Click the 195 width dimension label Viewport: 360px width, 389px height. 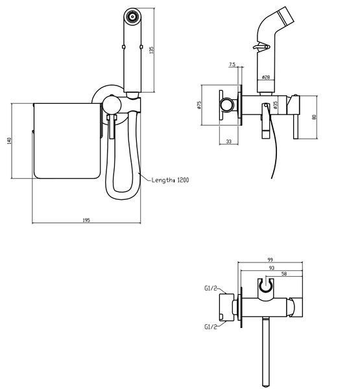click(86, 220)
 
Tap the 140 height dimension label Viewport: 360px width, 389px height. click(10, 141)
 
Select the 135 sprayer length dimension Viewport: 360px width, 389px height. click(151, 50)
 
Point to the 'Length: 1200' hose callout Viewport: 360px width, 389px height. click(171, 180)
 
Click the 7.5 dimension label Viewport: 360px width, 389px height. click(232, 64)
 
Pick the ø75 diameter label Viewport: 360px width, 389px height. click(199, 105)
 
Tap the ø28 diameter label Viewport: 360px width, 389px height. click(266, 77)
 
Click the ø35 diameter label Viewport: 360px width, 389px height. click(275, 105)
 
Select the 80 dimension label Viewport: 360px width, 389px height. click(314, 117)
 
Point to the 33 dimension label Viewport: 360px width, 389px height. click(229, 141)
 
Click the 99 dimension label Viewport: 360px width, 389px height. click(270, 260)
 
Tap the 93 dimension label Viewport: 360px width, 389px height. click(272, 268)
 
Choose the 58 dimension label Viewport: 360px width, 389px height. click(284, 274)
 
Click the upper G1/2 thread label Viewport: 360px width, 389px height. click(211, 289)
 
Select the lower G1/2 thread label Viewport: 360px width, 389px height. click(211, 327)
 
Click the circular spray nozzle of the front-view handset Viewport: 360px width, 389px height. click(132, 17)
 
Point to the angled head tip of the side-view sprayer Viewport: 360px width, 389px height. click(286, 16)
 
